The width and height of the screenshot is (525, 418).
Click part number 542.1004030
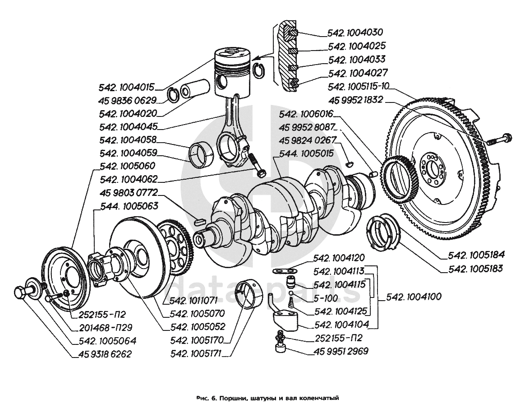(x=355, y=33)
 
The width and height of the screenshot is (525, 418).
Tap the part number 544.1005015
(x=306, y=154)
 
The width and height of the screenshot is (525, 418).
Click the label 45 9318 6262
(x=101, y=354)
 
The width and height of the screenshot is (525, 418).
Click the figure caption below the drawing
(x=267, y=399)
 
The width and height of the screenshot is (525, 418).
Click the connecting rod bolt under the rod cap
(x=258, y=166)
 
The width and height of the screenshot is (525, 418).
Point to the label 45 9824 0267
(x=308, y=140)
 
